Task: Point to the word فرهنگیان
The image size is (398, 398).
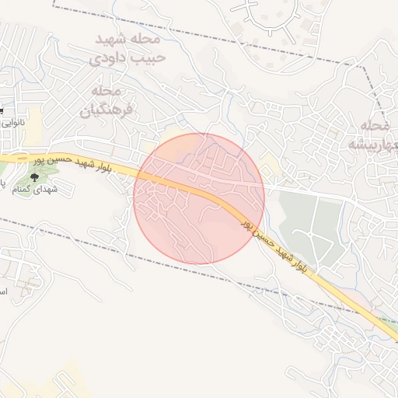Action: (x=106, y=110)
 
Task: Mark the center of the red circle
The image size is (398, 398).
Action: (x=199, y=198)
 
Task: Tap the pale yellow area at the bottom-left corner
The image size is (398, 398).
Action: (x=47, y=381)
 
